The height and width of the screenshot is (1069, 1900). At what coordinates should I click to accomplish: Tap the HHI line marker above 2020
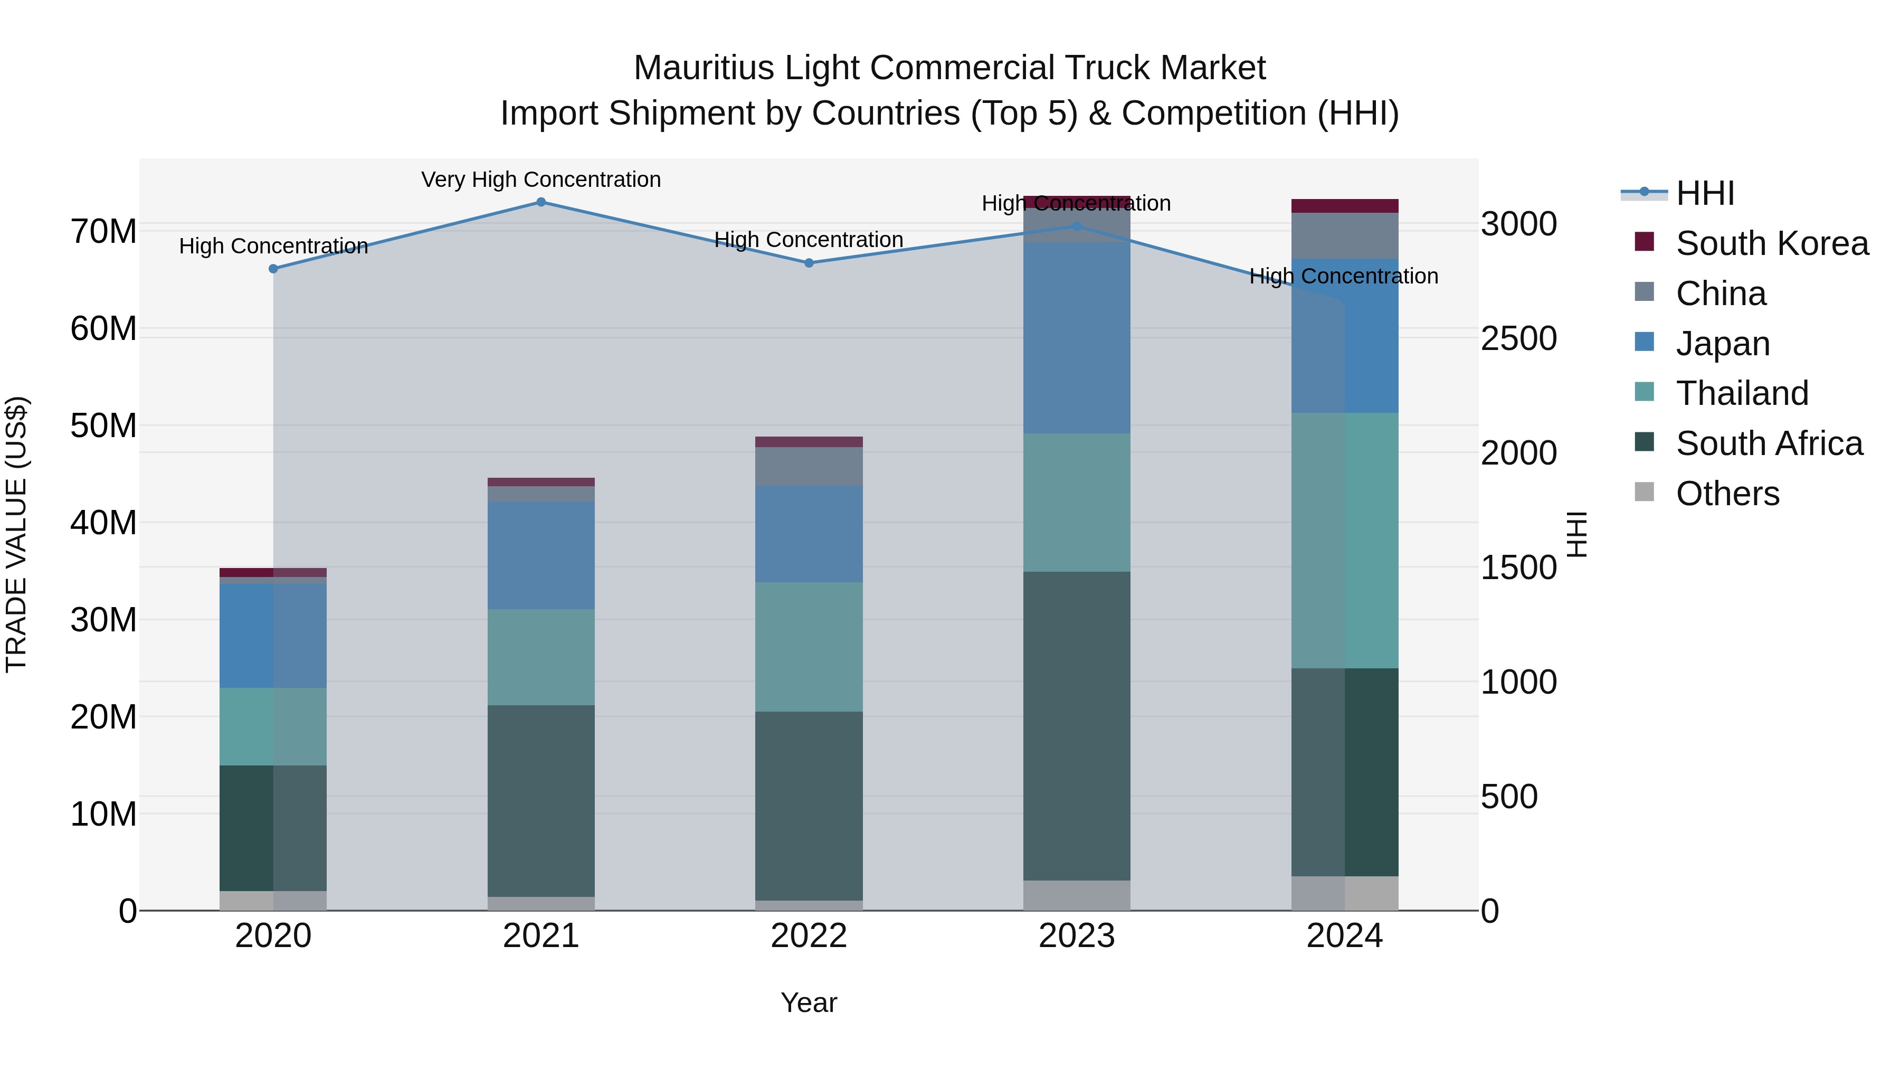click(273, 269)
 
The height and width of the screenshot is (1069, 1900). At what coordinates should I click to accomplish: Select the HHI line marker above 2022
click(809, 263)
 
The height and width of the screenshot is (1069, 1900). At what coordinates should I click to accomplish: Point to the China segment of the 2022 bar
click(809, 466)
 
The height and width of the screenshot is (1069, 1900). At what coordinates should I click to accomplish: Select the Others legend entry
click(1727, 494)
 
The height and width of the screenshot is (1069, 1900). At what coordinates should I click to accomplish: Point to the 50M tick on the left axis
click(103, 425)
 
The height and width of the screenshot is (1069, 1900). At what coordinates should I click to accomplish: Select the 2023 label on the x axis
click(1076, 936)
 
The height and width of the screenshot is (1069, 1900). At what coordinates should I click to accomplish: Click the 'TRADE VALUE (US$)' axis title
click(16, 534)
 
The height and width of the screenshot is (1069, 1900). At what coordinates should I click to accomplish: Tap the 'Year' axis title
click(809, 1002)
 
